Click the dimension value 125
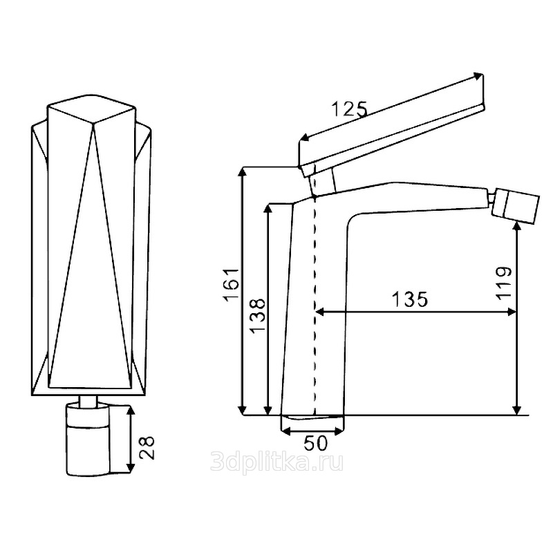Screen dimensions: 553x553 point(350,109)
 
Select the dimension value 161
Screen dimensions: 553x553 point(232,285)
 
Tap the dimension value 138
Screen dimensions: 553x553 point(258,315)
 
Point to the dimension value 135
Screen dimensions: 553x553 point(410,299)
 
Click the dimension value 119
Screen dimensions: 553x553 point(504,283)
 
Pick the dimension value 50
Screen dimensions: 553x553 point(316,443)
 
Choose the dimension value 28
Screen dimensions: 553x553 point(147,447)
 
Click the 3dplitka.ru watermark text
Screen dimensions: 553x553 point(277,462)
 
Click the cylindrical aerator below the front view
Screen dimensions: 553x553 point(88,440)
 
